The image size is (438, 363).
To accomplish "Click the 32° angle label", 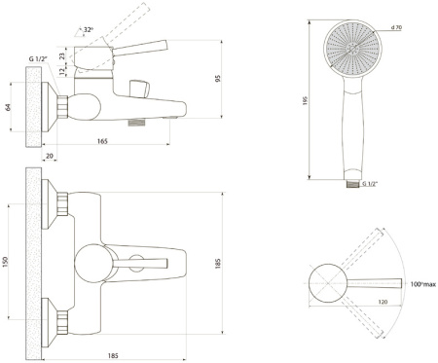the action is coord(89,30).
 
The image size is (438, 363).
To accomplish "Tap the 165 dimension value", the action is coord(102,141).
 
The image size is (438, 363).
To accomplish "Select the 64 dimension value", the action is coord(9,107).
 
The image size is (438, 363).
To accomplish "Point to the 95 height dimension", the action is coord(218,78).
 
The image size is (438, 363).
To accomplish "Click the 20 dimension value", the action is coord(50,156).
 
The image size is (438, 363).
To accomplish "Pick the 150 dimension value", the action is coord(6,262).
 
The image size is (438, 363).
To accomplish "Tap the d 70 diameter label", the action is coord(396,27).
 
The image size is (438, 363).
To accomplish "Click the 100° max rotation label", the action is coord(423,284).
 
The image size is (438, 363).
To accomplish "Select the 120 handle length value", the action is coord(383,302).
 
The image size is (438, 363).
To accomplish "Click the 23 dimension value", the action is coord(62,55).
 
